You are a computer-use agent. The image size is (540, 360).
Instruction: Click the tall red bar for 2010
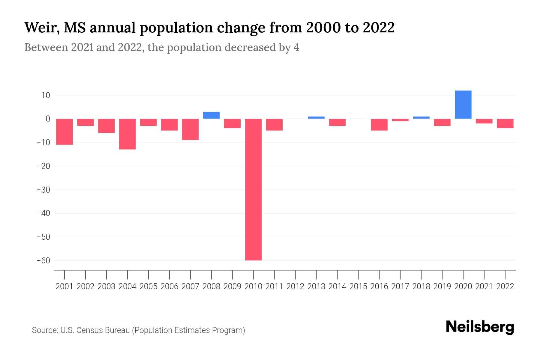(x=253, y=190)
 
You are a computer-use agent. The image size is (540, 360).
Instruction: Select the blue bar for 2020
(x=463, y=105)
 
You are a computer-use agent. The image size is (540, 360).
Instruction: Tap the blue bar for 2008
(x=211, y=115)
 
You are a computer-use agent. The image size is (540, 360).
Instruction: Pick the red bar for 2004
(x=127, y=134)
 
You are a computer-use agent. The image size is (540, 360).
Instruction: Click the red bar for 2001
(x=64, y=132)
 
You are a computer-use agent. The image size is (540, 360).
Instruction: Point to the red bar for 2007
(x=190, y=129)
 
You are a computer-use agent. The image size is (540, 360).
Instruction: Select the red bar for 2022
(x=505, y=124)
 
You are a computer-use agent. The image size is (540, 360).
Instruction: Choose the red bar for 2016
(x=379, y=125)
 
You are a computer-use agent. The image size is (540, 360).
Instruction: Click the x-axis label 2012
(x=295, y=286)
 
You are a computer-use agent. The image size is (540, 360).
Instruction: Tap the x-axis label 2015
(x=358, y=286)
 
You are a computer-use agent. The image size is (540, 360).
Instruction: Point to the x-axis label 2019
(x=442, y=286)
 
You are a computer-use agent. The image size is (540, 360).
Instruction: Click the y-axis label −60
(x=43, y=260)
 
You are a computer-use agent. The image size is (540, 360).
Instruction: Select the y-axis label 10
(x=46, y=95)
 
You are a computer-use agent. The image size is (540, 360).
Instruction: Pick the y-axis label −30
(x=43, y=190)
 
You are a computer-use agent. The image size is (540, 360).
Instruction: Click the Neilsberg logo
(x=480, y=327)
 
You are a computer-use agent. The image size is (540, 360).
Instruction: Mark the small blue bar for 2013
(x=316, y=118)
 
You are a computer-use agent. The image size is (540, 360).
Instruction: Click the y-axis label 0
(x=48, y=119)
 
